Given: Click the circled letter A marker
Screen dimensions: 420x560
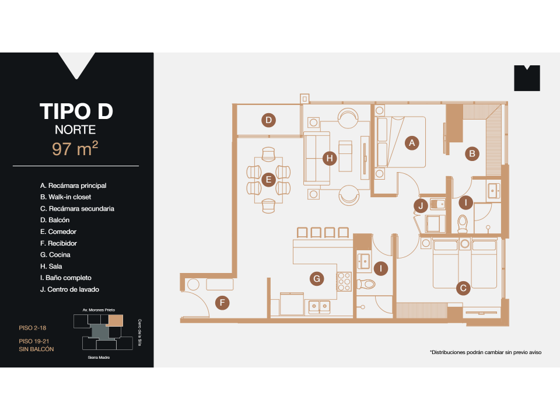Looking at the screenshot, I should click(412, 143).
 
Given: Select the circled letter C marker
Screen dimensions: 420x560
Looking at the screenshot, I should click(463, 288).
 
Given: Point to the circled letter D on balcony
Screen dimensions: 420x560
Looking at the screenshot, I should click(268, 121).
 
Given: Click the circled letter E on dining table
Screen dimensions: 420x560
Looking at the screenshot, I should click(268, 180).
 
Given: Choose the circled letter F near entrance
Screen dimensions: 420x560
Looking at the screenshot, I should click(222, 302).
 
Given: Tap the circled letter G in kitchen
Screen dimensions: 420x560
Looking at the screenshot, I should click(317, 279).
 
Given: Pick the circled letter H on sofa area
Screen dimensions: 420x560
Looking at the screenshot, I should click(330, 158).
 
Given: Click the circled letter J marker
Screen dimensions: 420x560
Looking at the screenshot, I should click(421, 205).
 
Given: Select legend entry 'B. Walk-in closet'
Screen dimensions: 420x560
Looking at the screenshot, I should click(65, 197).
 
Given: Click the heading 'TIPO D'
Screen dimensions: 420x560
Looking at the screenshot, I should click(76, 111).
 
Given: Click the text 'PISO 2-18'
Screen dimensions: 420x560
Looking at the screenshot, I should click(33, 328).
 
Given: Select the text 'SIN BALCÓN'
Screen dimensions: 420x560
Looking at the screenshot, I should click(36, 349).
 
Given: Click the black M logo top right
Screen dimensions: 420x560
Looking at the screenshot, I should click(527, 78).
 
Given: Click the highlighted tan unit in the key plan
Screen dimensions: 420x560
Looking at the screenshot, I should click(116, 320).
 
